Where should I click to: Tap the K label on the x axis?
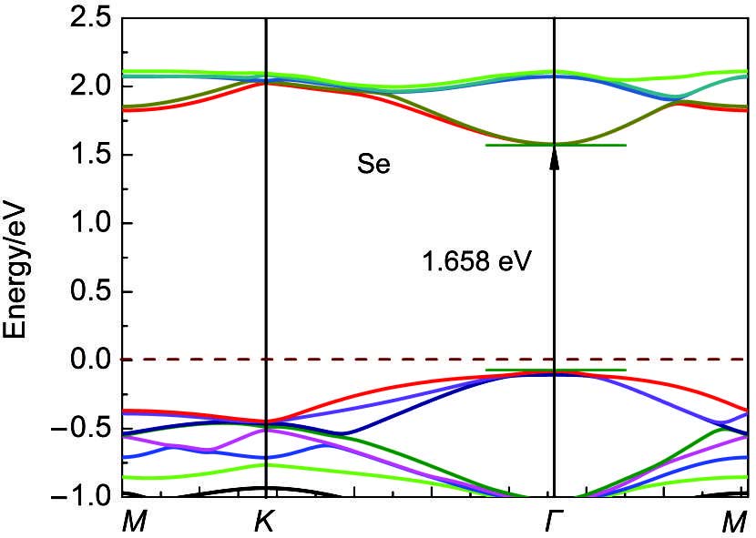[265, 523]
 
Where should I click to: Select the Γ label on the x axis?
[554, 523]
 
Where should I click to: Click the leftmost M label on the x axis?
[133, 523]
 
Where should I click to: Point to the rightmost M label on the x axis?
[735, 523]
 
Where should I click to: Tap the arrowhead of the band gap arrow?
[554, 159]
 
